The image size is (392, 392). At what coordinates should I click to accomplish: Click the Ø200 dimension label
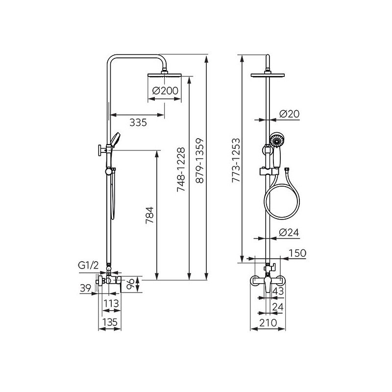pyautogui.click(x=165, y=91)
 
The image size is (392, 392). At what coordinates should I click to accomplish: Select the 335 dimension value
pyautogui.click(x=138, y=122)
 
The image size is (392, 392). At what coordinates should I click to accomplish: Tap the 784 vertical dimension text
pyautogui.click(x=150, y=215)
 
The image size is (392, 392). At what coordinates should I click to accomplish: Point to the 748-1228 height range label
pyautogui.click(x=181, y=170)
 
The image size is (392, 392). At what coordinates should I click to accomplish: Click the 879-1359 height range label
pyautogui.click(x=200, y=161)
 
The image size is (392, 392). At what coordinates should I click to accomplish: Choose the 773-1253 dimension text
pyautogui.click(x=236, y=160)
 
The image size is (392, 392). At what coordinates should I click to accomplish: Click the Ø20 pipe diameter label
pyautogui.click(x=289, y=114)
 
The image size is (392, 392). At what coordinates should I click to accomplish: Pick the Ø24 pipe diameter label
pyautogui.click(x=289, y=232)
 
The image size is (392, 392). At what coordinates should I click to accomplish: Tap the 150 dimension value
pyautogui.click(x=297, y=253)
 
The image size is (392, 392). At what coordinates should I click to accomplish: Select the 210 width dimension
pyautogui.click(x=268, y=323)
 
